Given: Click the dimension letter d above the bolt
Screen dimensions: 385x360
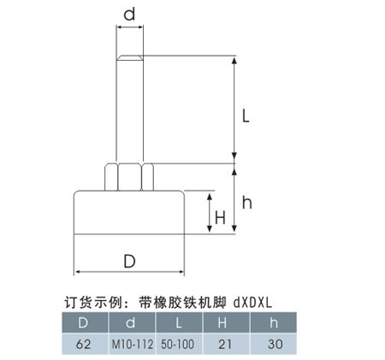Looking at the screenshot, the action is (x=129, y=15).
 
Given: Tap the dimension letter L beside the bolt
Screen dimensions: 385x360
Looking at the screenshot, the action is (x=246, y=116).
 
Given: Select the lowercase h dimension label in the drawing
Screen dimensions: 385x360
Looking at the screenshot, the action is (x=247, y=203).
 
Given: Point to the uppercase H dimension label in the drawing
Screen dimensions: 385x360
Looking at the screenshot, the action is (x=220, y=217).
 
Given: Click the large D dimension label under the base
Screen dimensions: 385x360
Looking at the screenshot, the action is (x=129, y=262).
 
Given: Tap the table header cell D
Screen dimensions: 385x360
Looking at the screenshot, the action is (x=86, y=322).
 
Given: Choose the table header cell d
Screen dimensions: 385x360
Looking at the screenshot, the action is (x=132, y=322).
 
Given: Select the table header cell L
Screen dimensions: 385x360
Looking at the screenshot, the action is (x=179, y=322).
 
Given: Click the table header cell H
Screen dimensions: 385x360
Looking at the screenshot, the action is (x=227, y=322).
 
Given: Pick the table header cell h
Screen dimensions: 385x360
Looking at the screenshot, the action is (x=274, y=322).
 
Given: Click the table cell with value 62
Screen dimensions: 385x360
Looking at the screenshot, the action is (x=86, y=344).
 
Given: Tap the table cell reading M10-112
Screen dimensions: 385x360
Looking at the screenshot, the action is (x=132, y=344).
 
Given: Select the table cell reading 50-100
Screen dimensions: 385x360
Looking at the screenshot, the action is (x=179, y=344).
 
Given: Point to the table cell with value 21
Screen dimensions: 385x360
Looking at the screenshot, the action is (x=227, y=344).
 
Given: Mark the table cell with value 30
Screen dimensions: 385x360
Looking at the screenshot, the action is (x=274, y=344).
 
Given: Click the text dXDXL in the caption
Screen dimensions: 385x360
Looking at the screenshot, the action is (x=252, y=303).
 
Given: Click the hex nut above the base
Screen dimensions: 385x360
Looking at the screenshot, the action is (x=129, y=177).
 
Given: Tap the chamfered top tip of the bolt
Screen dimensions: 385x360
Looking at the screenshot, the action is (x=130, y=57).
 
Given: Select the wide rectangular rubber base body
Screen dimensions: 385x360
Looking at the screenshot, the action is (x=129, y=212).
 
